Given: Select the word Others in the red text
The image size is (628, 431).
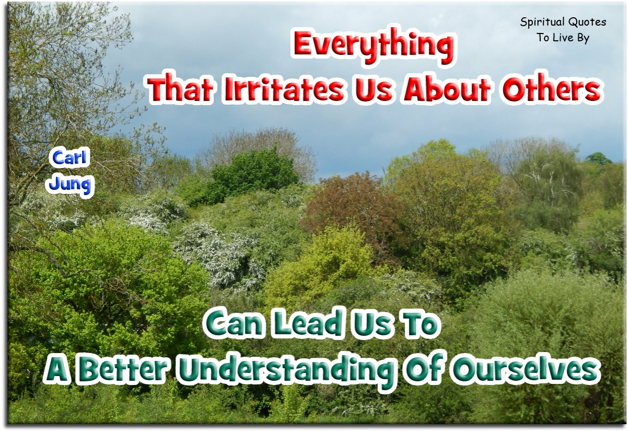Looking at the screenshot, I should [x=551, y=90].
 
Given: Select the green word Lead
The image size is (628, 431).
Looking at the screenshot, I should [x=305, y=324].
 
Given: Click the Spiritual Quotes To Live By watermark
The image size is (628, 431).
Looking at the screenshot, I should [x=563, y=30].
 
